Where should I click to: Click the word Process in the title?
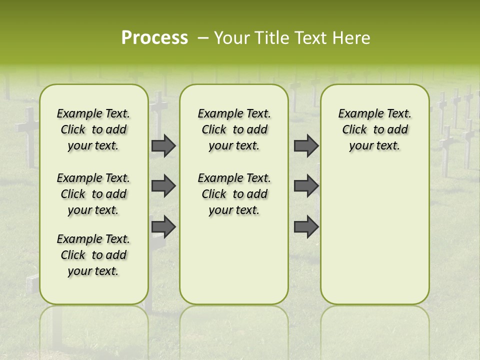(154, 38)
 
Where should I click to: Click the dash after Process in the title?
(202, 38)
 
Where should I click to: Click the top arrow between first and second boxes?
(163, 146)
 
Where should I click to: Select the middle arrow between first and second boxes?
(163, 186)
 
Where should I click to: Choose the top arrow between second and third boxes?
(306, 146)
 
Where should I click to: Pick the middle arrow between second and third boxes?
(306, 186)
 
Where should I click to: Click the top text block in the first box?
(93, 129)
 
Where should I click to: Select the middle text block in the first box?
(93, 194)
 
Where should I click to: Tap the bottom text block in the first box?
(93, 255)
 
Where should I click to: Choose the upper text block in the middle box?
(234, 129)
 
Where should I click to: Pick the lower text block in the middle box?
(234, 194)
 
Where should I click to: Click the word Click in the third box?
(354, 129)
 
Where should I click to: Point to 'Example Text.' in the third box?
(375, 113)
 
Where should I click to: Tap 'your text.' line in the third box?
(375, 145)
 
